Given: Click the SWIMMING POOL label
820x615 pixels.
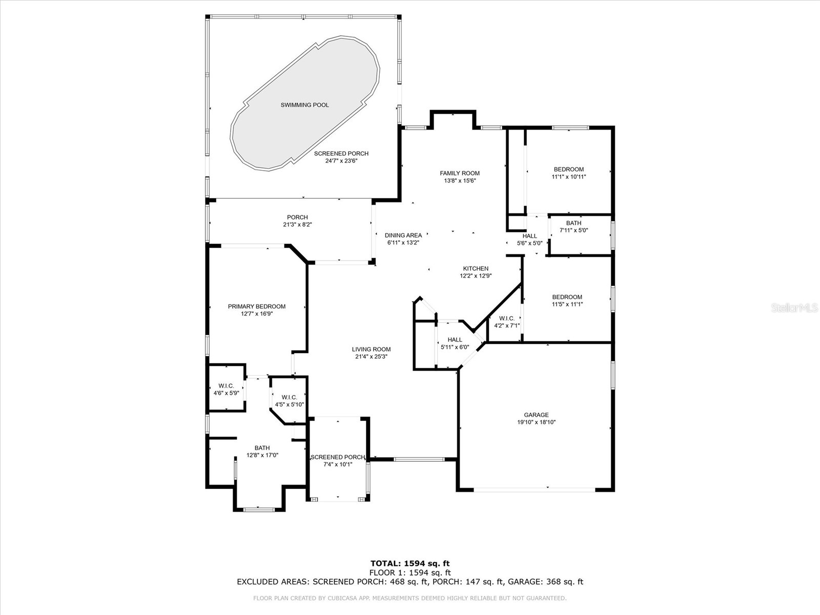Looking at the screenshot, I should (x=304, y=105).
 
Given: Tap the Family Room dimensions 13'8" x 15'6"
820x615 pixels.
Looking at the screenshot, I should (x=460, y=180).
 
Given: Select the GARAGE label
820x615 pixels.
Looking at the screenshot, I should (x=536, y=415).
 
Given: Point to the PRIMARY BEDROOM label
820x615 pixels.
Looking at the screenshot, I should (x=256, y=306).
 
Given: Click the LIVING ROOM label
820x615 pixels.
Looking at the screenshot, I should (x=371, y=350).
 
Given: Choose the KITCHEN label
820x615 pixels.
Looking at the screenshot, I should (x=476, y=269).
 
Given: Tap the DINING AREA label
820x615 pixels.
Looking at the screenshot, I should (x=403, y=235).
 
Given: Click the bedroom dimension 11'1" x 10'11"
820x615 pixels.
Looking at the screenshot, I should (x=568, y=177).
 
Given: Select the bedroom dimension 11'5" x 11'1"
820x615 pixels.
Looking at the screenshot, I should (x=567, y=304).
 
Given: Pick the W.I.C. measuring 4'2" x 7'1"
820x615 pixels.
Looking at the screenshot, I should (x=506, y=322).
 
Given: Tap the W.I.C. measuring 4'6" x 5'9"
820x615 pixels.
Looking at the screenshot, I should (x=226, y=389).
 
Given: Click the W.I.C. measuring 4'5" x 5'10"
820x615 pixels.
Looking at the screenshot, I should (x=289, y=401).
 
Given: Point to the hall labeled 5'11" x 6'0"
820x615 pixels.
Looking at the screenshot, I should (x=455, y=343).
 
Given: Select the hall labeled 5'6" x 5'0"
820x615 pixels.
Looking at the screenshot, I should (x=529, y=240).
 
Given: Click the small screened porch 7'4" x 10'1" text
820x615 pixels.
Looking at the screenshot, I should (x=338, y=461).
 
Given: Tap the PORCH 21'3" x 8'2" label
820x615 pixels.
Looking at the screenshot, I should (x=297, y=221).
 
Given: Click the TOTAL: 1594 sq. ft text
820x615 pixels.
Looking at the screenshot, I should (x=410, y=564).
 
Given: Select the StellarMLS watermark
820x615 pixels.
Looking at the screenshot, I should (x=794, y=308).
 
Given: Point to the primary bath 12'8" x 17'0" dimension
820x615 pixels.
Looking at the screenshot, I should (x=262, y=455).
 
